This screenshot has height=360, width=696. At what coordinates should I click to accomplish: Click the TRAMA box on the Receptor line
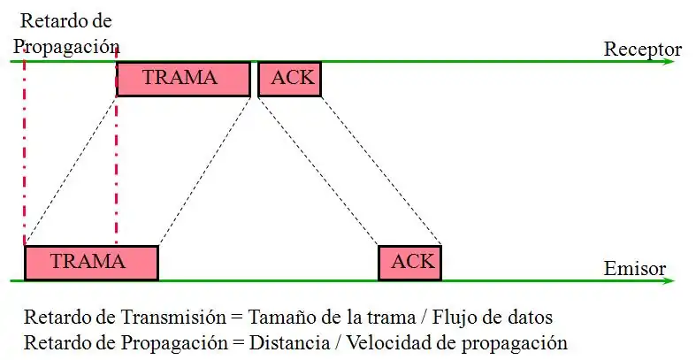tap(183, 79)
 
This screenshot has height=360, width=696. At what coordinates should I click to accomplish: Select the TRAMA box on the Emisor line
tap(91, 263)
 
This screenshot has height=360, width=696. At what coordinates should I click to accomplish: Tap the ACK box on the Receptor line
tap(289, 79)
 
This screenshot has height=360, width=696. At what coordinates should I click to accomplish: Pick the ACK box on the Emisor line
tap(409, 263)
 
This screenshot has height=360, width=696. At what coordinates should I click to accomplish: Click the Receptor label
tap(642, 50)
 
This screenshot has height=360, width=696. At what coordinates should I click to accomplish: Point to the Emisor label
tap(635, 268)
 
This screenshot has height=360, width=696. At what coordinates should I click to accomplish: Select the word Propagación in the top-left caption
tap(68, 44)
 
